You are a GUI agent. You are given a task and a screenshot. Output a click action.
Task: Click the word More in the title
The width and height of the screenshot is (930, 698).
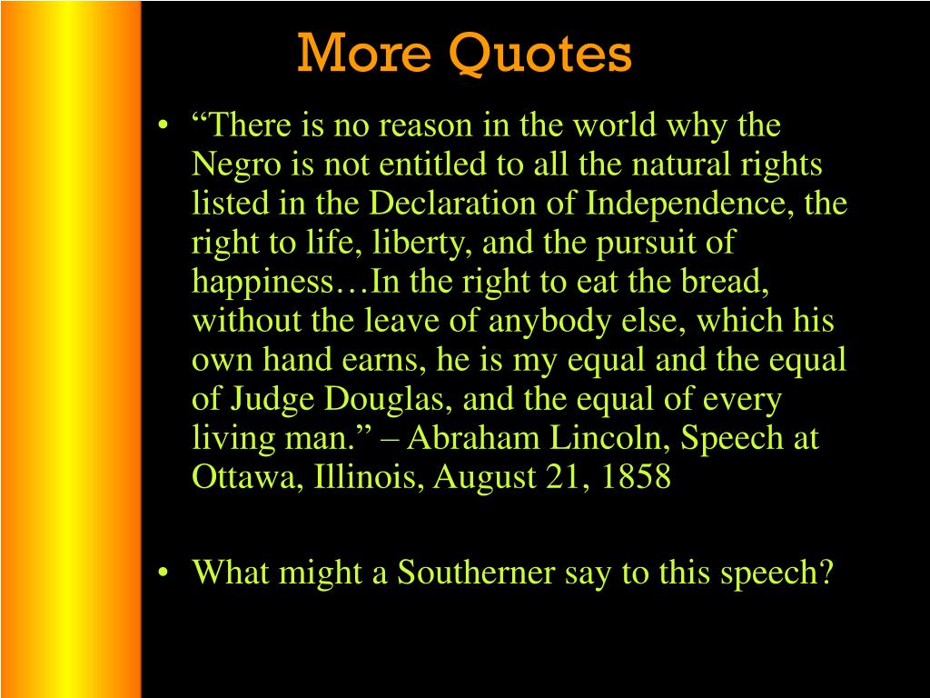364,53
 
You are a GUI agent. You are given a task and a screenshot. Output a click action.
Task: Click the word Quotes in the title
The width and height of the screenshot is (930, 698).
539,54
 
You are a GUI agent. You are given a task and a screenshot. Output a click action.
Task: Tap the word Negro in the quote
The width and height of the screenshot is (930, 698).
236,165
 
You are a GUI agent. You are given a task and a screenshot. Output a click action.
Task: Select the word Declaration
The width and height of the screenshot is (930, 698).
452,203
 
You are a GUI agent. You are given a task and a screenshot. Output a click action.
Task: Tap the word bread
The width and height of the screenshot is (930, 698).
725,282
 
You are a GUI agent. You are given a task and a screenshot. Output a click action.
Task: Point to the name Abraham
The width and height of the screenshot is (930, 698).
472,438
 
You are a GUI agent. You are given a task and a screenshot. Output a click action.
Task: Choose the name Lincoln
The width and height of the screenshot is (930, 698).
609,438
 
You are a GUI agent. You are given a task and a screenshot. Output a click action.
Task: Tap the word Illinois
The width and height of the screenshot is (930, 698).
369,476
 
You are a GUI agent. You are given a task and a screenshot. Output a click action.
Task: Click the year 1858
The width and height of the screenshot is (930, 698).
636,476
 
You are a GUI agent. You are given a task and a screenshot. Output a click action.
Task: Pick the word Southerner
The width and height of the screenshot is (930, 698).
476,573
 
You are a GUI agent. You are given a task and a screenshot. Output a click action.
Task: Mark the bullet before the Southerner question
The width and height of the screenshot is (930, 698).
163,573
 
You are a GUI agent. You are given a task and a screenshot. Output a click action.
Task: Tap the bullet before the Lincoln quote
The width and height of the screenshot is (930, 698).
163,125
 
